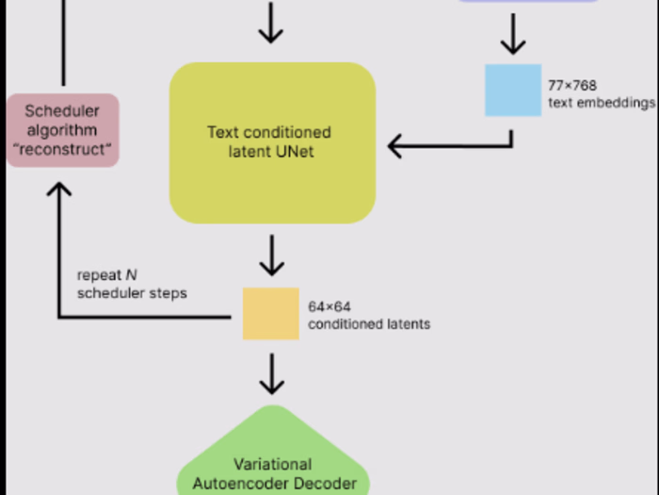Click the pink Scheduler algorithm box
coord(63,130)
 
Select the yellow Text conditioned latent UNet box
coord(272,142)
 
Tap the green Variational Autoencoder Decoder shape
coord(272,462)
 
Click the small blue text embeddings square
coord(513,91)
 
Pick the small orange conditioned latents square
coord(271,314)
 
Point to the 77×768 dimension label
coord(572,85)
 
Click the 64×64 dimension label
coord(329,306)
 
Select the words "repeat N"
coord(107,276)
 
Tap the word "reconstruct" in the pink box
coord(63,149)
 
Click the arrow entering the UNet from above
coord(271,24)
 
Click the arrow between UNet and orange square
coord(271,255)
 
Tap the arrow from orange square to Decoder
coord(271,373)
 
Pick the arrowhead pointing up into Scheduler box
coord(58,191)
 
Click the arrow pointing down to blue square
coord(512,40)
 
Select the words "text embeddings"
coord(602,102)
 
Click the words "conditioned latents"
coord(369,323)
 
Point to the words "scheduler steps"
coord(132,293)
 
